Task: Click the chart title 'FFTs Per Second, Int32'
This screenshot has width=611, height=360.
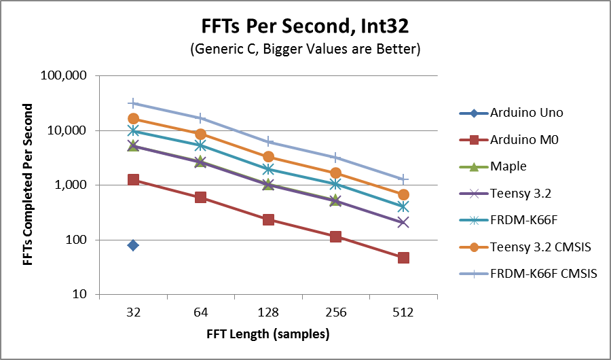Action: [x=305, y=28]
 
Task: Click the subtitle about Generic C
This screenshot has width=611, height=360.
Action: [x=305, y=50]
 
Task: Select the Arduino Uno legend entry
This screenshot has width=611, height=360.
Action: [x=527, y=113]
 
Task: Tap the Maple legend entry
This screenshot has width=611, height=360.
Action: [x=507, y=166]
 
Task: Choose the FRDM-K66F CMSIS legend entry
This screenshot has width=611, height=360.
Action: [x=543, y=274]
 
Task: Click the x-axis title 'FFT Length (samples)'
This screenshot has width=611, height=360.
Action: [x=268, y=334]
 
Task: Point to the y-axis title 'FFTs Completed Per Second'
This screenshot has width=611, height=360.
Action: [x=28, y=185]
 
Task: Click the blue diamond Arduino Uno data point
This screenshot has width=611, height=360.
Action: [x=133, y=245]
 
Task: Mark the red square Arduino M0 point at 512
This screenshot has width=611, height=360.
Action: [x=403, y=257]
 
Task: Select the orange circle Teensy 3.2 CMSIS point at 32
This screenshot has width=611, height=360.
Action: [x=133, y=119]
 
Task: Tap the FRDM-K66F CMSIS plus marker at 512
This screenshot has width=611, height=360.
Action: [x=403, y=179]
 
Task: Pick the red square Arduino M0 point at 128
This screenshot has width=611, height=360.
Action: [x=268, y=219]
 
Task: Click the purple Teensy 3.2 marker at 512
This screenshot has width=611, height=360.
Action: [x=403, y=222]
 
